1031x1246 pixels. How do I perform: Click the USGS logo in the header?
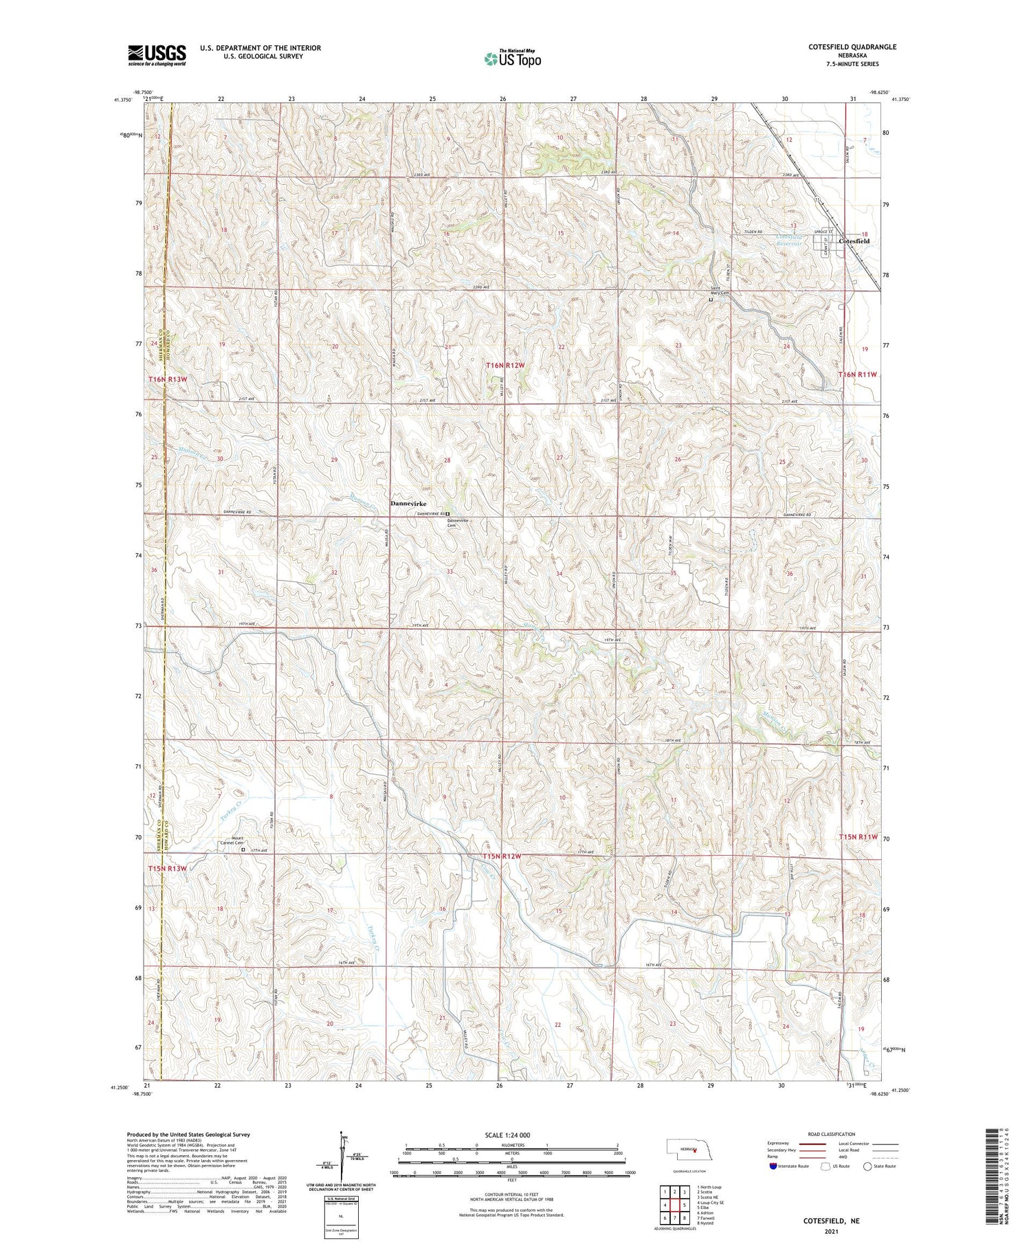pyautogui.click(x=157, y=55)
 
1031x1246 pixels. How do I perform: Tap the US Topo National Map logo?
pyautogui.click(x=512, y=58)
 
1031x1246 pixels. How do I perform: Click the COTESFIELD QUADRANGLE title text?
pyautogui.click(x=852, y=47)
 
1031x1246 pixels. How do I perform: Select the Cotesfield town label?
pyautogui.click(x=854, y=241)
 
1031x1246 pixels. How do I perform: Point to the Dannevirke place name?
pyautogui.click(x=408, y=504)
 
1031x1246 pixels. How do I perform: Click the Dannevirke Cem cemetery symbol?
pyautogui.click(x=447, y=514)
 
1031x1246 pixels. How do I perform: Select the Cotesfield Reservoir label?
pyautogui.click(x=789, y=240)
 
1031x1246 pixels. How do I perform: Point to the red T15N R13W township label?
pyautogui.click(x=168, y=869)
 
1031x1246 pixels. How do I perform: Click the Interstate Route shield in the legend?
pyautogui.click(x=774, y=1166)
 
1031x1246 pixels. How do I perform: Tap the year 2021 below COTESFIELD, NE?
pyautogui.click(x=831, y=1233)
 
